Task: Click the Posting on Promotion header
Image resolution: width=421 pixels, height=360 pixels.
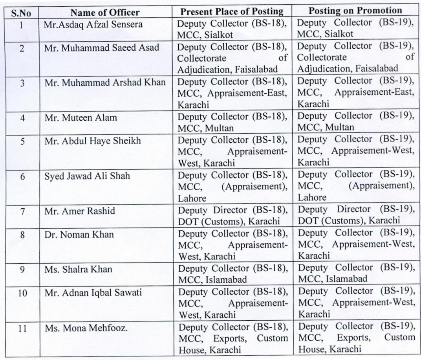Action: (x=355, y=11)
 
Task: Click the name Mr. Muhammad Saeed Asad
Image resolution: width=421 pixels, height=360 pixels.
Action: (x=101, y=48)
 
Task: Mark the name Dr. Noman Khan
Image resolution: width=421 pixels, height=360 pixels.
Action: (x=79, y=235)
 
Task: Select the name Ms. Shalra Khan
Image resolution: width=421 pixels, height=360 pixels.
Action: (x=78, y=269)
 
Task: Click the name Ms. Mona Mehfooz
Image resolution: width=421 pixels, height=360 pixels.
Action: (x=86, y=327)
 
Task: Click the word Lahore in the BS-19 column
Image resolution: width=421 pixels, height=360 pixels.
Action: (x=312, y=197)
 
